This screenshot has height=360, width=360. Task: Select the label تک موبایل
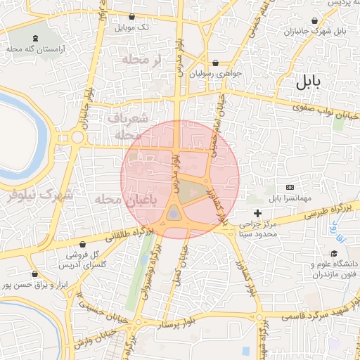click(133, 27)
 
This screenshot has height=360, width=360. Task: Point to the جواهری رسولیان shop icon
click(215, 62)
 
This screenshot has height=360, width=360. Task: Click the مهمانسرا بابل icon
click(290, 188)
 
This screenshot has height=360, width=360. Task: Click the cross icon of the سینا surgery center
click(257, 212)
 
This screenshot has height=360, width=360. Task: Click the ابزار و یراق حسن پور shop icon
click(34, 274)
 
